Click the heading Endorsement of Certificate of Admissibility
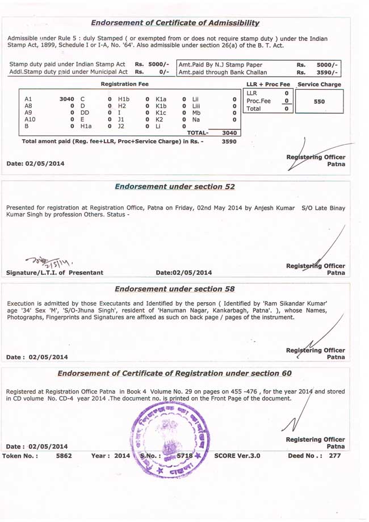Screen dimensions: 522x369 [175, 23]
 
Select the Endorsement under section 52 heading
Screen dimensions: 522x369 [175, 186]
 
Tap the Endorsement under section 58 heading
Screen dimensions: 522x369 [175, 289]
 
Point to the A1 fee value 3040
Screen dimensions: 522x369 [66, 99]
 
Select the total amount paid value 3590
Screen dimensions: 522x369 [229, 141]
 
